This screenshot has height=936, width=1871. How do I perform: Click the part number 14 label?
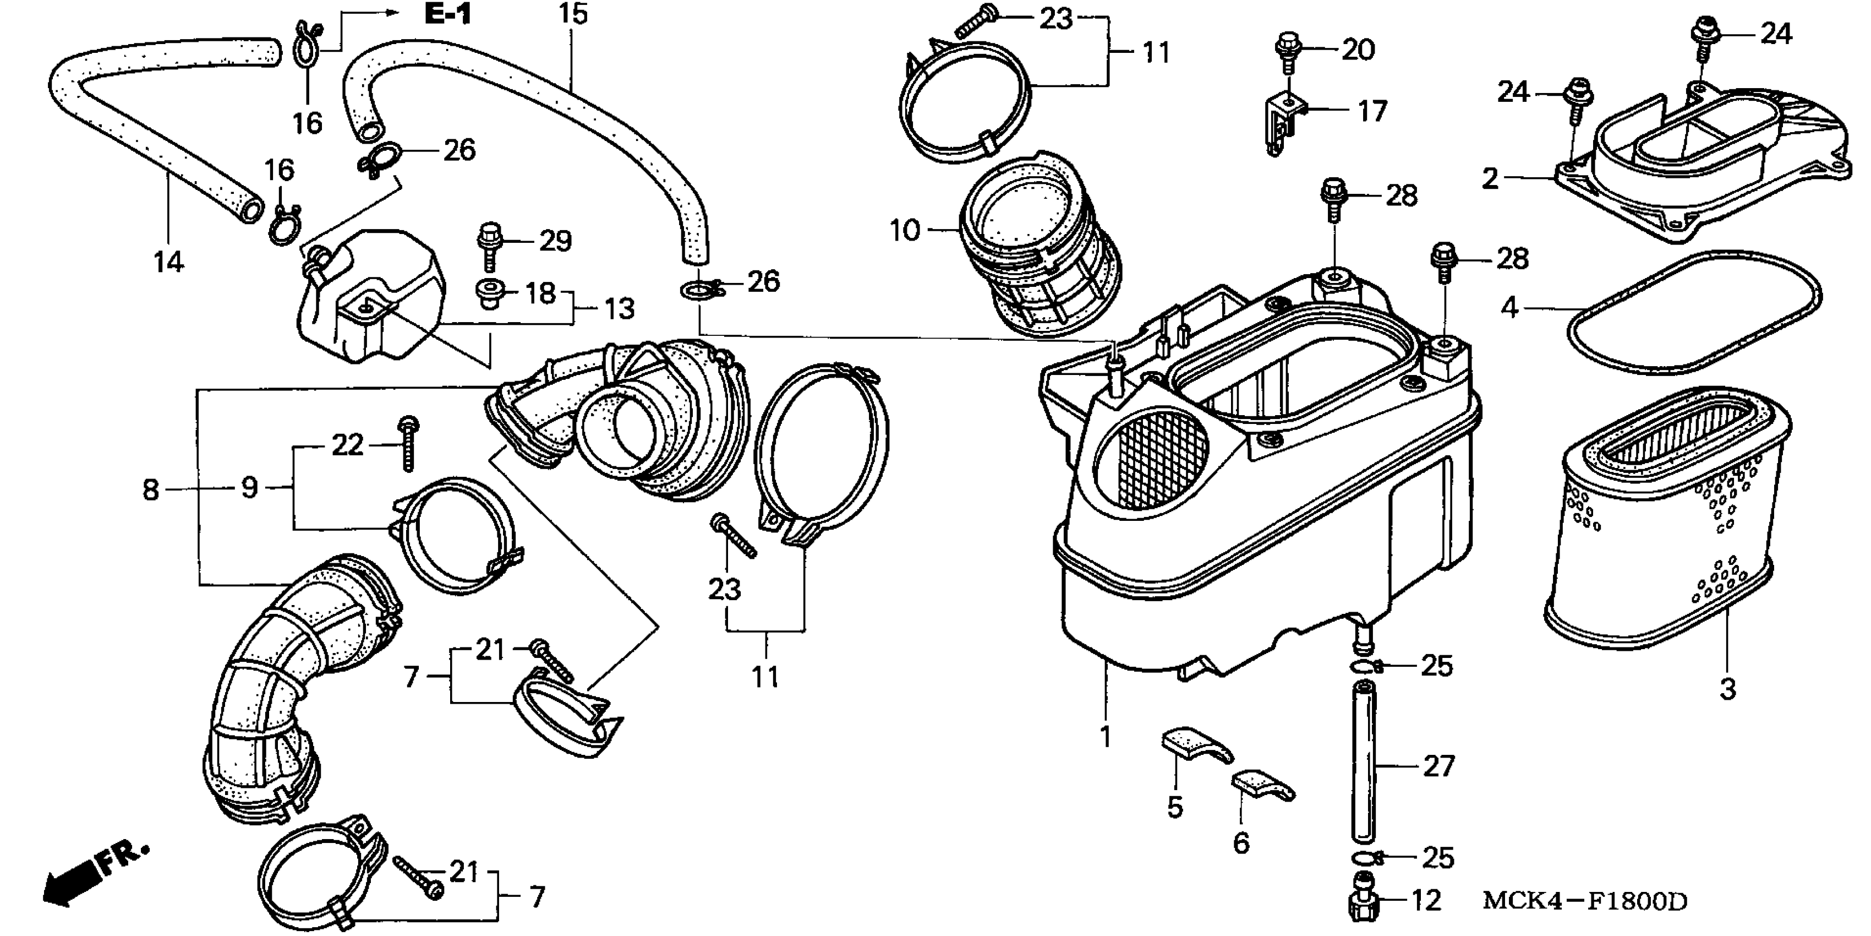point(168,262)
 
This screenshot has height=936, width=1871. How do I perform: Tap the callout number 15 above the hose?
point(573,14)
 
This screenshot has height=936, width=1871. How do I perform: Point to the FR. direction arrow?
point(95,875)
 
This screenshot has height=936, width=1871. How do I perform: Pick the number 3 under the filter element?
point(1727,688)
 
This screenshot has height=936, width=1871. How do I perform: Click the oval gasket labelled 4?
point(1692,313)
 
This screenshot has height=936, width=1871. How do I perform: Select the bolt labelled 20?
point(1287,50)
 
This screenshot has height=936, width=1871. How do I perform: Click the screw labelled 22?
point(408,443)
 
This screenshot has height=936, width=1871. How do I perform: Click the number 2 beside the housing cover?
point(1490,178)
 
